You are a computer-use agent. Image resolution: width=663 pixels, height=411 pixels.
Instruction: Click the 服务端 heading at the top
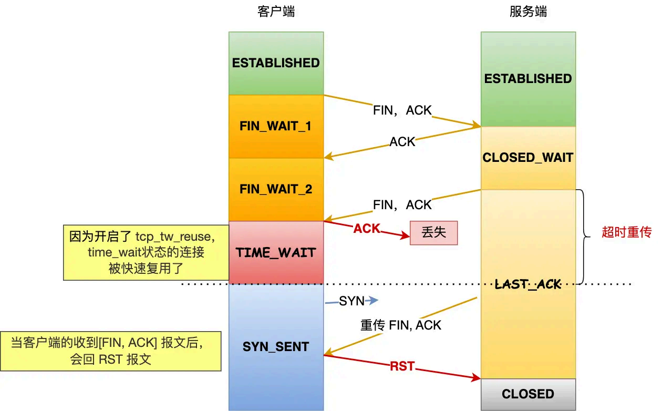point(528,12)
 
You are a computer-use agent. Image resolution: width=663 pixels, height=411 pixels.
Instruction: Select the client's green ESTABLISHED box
point(276,63)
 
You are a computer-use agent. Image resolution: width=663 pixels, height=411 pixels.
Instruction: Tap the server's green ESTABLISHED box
point(528,79)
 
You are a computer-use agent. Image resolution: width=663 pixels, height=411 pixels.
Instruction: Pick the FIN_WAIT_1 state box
point(276,126)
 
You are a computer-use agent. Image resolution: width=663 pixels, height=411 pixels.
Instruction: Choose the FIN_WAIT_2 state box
point(276,189)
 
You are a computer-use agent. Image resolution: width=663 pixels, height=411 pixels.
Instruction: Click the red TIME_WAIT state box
point(276,252)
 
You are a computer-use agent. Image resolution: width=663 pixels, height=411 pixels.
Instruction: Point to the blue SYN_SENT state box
point(276,347)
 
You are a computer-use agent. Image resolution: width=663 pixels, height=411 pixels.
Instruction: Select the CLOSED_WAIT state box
point(528,158)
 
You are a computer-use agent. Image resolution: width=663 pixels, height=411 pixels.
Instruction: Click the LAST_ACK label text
point(528,284)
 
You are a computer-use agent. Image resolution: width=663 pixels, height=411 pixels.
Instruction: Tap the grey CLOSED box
point(528,394)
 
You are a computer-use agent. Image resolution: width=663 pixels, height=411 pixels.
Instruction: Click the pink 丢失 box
point(433,232)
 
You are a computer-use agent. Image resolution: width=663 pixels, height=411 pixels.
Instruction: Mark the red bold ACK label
point(366,229)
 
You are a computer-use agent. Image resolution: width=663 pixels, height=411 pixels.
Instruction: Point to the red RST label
point(402,366)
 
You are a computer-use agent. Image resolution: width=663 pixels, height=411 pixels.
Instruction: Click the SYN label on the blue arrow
point(351,301)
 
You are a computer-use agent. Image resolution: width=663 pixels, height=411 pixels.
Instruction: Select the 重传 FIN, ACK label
point(401,325)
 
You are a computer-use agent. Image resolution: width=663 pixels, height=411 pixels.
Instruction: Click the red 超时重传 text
point(626,232)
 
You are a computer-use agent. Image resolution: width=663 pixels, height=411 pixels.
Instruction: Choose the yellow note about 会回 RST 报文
point(110,352)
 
